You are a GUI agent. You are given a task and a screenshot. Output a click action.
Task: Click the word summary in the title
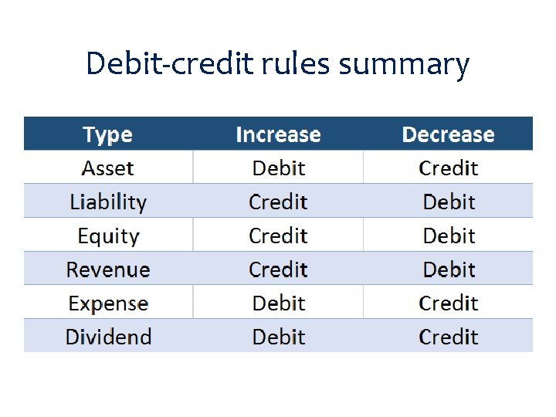[403, 65]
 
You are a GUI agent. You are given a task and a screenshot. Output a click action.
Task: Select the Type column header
[108, 134]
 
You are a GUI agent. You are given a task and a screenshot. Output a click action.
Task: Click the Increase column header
[278, 134]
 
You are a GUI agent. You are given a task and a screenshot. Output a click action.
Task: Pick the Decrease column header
[448, 134]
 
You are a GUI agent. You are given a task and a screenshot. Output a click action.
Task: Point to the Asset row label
[108, 168]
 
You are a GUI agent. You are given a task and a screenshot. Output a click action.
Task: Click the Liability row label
[108, 202]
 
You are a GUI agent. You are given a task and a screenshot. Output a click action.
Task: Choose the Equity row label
[108, 236]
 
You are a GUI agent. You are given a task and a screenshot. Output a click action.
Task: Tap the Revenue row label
[108, 270]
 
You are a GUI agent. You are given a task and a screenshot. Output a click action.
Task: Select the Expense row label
[108, 303]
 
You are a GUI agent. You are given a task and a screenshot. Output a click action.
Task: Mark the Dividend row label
[108, 337]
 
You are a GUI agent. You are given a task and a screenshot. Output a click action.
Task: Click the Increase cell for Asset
[278, 168]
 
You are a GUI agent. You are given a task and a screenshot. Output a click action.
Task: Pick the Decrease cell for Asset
[448, 168]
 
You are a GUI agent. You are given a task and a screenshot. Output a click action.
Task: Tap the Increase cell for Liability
[278, 202]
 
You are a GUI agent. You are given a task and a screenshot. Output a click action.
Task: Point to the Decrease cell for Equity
[448, 236]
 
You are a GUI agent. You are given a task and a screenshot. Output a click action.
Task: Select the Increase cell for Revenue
[278, 270]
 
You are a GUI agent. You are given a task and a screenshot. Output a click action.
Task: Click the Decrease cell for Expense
[448, 303]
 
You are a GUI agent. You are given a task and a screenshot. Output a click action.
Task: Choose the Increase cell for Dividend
[278, 337]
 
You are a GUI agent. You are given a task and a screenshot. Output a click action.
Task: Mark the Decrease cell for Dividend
[448, 337]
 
